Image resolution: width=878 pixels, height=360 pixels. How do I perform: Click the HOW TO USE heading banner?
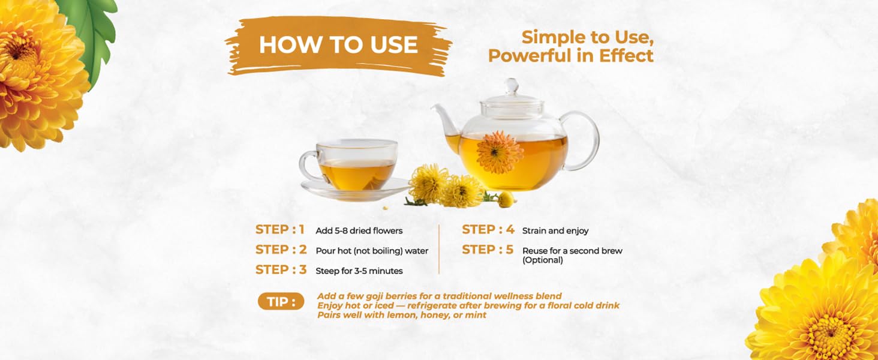[339, 46]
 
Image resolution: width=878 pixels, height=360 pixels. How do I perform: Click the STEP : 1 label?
[280, 230]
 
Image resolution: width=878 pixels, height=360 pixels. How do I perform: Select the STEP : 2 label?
[281, 250]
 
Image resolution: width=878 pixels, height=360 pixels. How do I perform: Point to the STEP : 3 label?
[281, 270]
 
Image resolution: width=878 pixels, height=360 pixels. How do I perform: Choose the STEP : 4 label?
[488, 230]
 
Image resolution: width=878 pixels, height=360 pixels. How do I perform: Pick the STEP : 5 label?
[488, 250]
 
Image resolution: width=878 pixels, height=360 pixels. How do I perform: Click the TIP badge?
[281, 302]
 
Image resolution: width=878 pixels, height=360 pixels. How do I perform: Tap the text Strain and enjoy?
[555, 231]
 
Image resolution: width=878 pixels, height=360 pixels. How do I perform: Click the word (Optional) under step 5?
[543, 260]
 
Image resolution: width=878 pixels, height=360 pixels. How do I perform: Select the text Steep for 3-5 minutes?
[359, 271]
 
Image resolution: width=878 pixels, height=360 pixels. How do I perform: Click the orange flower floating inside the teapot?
[500, 153]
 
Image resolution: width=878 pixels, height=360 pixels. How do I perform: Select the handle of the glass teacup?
[308, 165]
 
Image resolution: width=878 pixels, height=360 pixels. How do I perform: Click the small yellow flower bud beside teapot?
[506, 199]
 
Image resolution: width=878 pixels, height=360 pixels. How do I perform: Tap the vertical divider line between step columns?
[439, 250]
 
